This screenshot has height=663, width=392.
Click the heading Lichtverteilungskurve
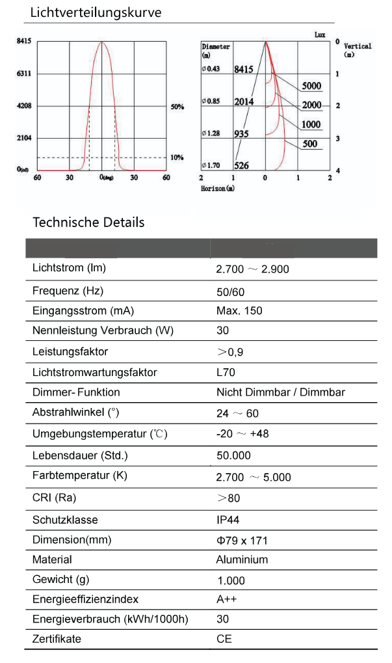(x=96, y=12)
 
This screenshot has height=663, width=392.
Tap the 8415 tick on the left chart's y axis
(x=24, y=40)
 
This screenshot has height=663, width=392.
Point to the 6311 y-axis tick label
(x=24, y=74)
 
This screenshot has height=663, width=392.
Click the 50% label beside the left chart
(x=177, y=106)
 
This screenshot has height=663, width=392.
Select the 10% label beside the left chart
(x=177, y=157)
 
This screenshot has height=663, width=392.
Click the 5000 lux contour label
(x=312, y=86)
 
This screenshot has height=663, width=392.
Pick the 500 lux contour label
(x=310, y=144)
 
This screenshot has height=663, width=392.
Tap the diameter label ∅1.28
(x=212, y=133)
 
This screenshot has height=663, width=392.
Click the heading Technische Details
(x=88, y=223)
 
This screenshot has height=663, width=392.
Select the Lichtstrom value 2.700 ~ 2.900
(x=253, y=269)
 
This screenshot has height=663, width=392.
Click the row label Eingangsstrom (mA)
(x=83, y=310)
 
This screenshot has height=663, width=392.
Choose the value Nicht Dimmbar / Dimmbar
(x=280, y=392)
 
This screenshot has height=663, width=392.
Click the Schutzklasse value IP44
(x=228, y=520)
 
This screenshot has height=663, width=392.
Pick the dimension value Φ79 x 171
(x=242, y=540)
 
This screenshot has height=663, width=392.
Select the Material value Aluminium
(x=242, y=560)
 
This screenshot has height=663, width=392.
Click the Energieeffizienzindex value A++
(x=225, y=599)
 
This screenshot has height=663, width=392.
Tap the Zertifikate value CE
(x=224, y=639)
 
